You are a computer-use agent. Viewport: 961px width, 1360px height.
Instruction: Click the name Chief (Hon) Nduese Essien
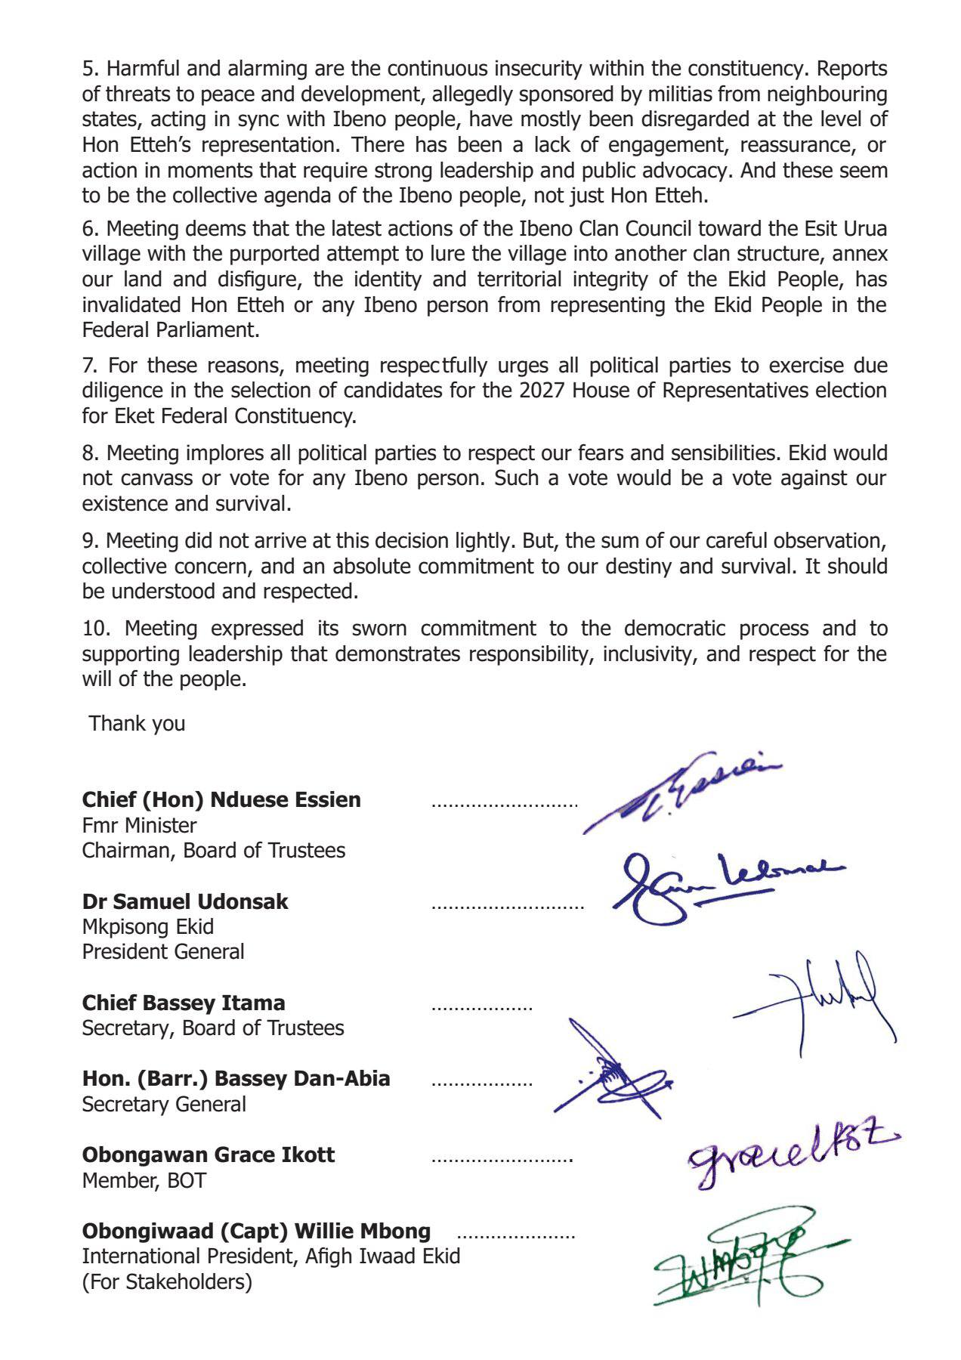(221, 799)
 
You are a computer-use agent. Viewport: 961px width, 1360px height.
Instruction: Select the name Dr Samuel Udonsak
(185, 901)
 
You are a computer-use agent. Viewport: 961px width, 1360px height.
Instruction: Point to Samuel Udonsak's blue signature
(718, 884)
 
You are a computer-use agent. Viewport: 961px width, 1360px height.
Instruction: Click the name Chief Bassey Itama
(184, 1003)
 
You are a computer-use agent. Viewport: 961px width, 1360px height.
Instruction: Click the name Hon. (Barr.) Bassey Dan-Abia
(236, 1078)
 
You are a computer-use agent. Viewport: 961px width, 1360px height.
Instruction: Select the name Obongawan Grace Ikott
(209, 1154)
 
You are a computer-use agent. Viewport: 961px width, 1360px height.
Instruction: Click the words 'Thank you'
(137, 723)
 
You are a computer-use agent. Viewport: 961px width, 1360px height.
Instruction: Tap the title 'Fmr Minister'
(139, 825)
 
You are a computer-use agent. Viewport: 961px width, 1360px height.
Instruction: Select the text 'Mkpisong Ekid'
(148, 926)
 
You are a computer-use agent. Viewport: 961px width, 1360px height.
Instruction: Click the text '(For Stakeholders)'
(167, 1282)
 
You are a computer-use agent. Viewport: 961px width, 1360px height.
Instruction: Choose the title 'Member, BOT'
(144, 1180)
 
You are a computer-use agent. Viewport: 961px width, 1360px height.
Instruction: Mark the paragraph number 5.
(90, 69)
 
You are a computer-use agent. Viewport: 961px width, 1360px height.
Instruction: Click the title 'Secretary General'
(164, 1104)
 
